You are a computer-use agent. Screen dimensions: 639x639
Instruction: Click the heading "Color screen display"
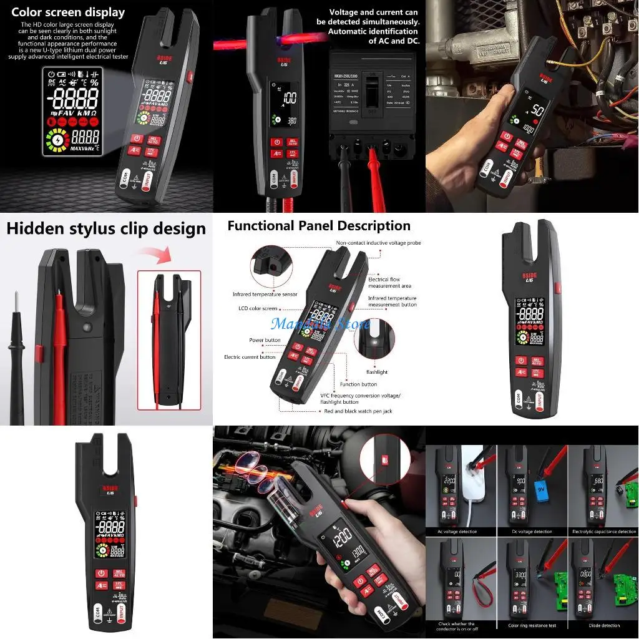click(x=67, y=12)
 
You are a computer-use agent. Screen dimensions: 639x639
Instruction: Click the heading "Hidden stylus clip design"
click(x=106, y=228)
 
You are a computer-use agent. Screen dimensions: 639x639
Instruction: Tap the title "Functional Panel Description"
click(x=319, y=226)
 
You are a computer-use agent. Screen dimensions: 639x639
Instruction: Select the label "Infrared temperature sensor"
click(x=265, y=294)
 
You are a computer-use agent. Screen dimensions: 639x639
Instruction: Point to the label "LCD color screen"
click(x=258, y=308)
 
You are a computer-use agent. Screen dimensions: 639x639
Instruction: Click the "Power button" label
click(x=265, y=341)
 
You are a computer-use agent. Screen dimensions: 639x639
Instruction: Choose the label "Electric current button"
click(x=250, y=357)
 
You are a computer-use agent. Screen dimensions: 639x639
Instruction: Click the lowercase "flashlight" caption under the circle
click(x=377, y=372)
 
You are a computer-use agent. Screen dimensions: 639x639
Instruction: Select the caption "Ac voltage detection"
click(x=459, y=532)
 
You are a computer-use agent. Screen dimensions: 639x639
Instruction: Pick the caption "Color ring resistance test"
click(x=531, y=625)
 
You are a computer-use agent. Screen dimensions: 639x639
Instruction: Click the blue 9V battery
click(x=539, y=490)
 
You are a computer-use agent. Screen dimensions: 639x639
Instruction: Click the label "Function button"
click(x=358, y=384)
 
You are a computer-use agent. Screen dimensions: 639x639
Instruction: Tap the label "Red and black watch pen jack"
click(x=358, y=411)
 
